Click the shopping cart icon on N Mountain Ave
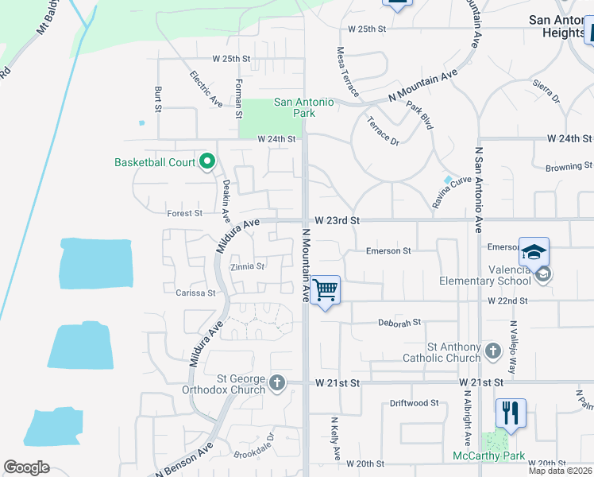(325, 289)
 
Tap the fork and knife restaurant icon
(510, 413)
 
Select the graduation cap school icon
(534, 251)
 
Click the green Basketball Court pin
(207, 162)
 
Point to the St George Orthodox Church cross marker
(277, 383)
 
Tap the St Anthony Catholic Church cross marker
(492, 351)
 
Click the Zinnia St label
(247, 266)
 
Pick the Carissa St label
(195, 293)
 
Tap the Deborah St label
(399, 323)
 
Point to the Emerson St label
(388, 251)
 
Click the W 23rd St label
(337, 220)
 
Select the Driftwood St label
(414, 403)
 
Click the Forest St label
(185, 213)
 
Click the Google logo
(26, 467)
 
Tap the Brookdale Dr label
(253, 448)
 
